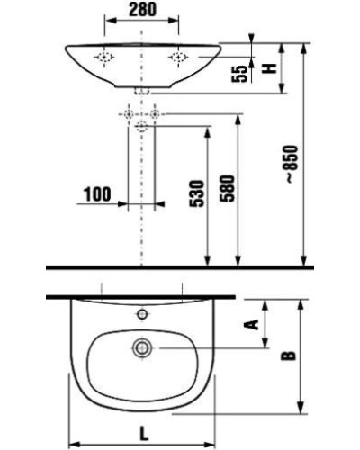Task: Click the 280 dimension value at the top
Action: click(x=144, y=11)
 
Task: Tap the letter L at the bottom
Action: click(x=144, y=432)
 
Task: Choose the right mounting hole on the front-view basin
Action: click(x=178, y=57)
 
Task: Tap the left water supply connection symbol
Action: click(x=130, y=116)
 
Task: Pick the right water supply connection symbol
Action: click(x=156, y=116)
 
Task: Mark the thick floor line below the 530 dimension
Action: click(x=180, y=268)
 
